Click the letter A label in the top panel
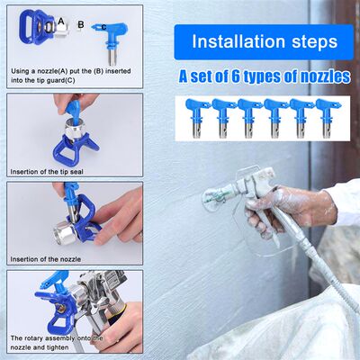[x=60, y=19]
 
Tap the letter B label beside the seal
[x=81, y=25]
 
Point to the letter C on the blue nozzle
[x=104, y=26]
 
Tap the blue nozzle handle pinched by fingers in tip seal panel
[x=71, y=108]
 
